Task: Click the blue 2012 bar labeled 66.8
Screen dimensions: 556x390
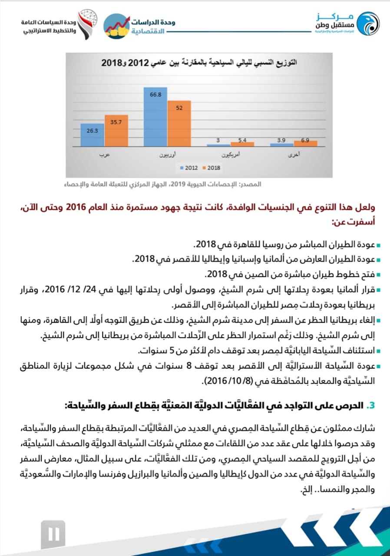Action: tap(155, 117)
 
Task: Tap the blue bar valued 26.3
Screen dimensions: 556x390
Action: tap(92, 135)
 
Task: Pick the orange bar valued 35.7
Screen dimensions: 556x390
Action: tap(116, 131)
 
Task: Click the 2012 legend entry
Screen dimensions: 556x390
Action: tap(189, 167)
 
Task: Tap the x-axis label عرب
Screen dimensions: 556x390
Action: tap(104, 155)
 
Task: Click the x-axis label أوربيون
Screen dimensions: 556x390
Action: tap(167, 155)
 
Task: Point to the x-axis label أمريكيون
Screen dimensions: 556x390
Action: tap(230, 155)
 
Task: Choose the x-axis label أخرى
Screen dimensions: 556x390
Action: tap(294, 155)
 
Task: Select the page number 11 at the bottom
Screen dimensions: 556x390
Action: tap(53, 534)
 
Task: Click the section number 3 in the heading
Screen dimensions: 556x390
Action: tap(370, 405)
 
